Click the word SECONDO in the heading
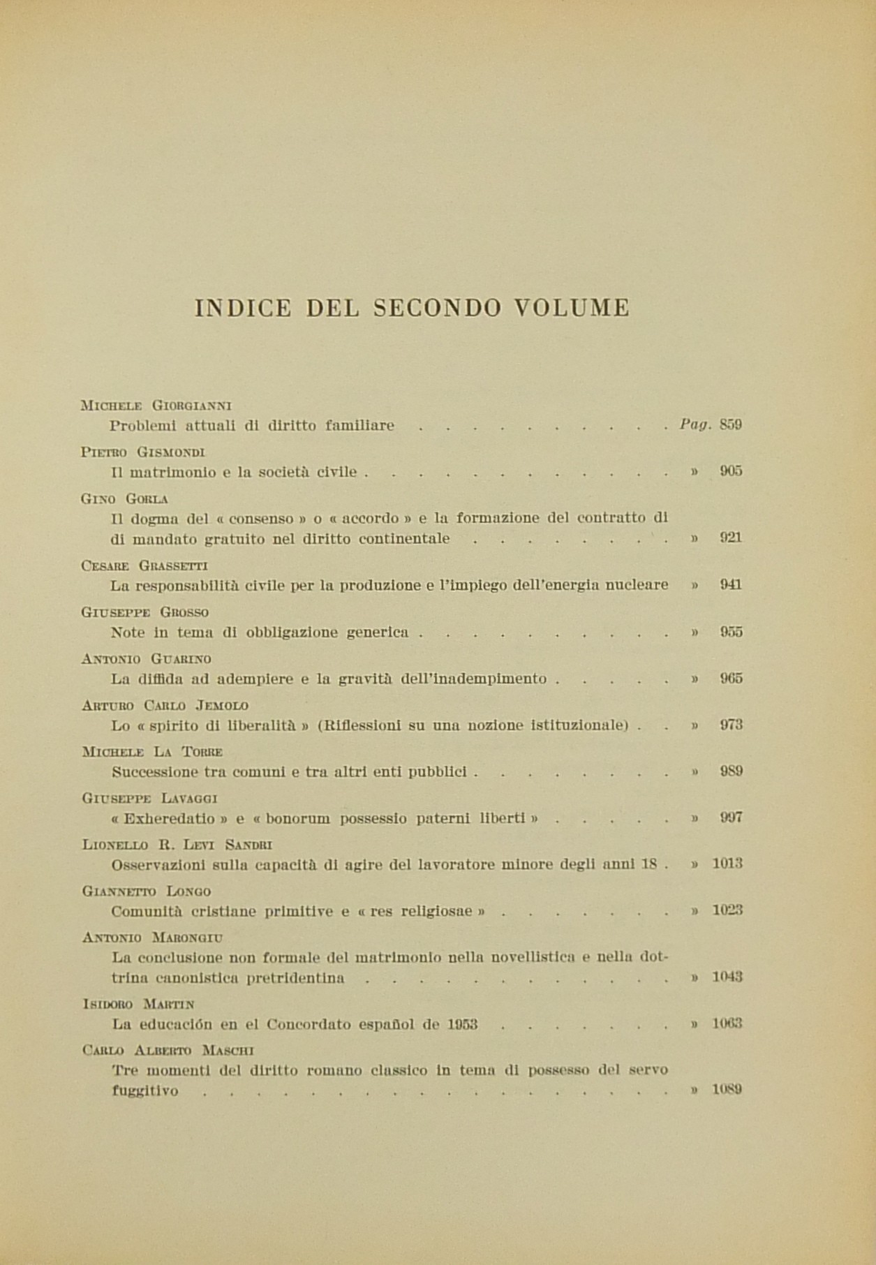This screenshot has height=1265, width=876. (437, 308)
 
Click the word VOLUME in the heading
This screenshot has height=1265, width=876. (572, 308)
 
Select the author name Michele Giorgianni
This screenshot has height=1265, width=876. (157, 405)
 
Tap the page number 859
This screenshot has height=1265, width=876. (731, 424)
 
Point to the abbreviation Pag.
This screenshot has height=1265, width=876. (695, 424)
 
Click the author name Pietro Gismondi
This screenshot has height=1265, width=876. (143, 452)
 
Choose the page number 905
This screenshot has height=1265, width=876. (731, 471)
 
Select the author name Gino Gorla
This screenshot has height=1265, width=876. (125, 498)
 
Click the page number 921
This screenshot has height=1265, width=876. (731, 538)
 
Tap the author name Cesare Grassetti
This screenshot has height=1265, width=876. (144, 565)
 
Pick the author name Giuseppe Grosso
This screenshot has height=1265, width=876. (145, 612)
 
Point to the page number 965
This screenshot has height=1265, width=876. (731, 679)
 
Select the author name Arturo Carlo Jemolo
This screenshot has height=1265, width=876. (165, 705)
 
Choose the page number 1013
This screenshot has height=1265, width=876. (727, 864)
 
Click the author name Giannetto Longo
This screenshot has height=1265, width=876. (147, 892)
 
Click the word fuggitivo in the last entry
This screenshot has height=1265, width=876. (144, 1090)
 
